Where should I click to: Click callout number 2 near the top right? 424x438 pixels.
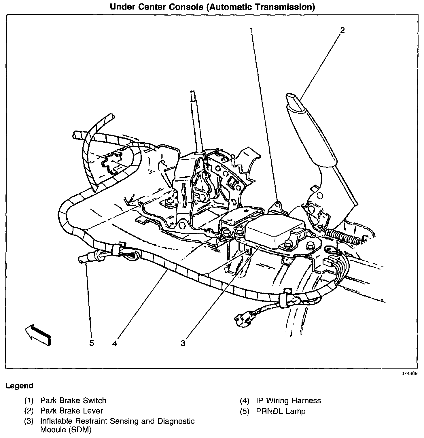342,30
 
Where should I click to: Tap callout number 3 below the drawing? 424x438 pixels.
183,343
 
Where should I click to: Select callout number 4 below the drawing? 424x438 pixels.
115,343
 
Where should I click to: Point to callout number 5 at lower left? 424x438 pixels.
92,343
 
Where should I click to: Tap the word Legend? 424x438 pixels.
20,386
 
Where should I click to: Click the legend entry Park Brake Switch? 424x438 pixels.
73,401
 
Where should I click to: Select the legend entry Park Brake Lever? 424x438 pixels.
71,411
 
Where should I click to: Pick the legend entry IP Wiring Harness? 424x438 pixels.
288,401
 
